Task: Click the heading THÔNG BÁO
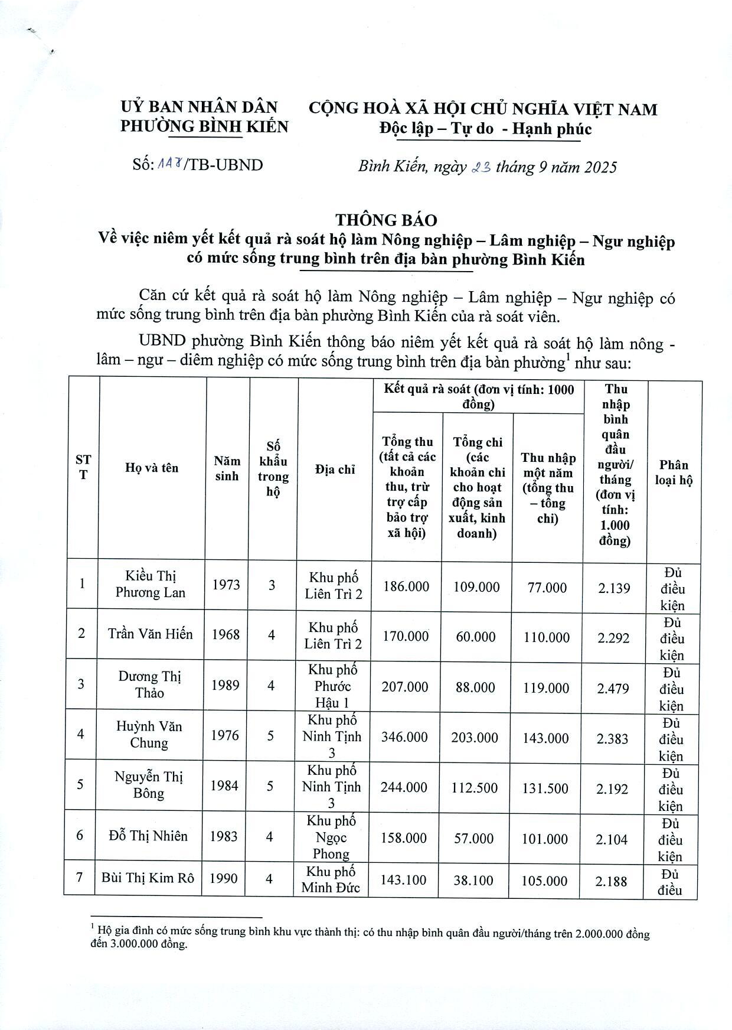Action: [386, 220]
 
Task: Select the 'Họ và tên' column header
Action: [152, 468]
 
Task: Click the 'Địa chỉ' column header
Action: [335, 470]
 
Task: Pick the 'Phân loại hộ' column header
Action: [674, 472]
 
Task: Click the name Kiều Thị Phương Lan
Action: [151, 584]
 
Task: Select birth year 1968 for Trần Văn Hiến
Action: [226, 634]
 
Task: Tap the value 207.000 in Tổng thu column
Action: [405, 687]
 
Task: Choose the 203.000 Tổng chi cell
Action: [475, 738]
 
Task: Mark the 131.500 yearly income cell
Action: [545, 788]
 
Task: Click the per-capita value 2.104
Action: [612, 839]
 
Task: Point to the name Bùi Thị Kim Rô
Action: [148, 878]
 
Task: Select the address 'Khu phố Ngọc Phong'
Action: [331, 837]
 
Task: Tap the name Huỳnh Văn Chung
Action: [149, 735]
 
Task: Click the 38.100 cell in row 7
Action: [473, 881]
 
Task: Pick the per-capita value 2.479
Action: [613, 689]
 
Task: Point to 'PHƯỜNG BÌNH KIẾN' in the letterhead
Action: [204, 126]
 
